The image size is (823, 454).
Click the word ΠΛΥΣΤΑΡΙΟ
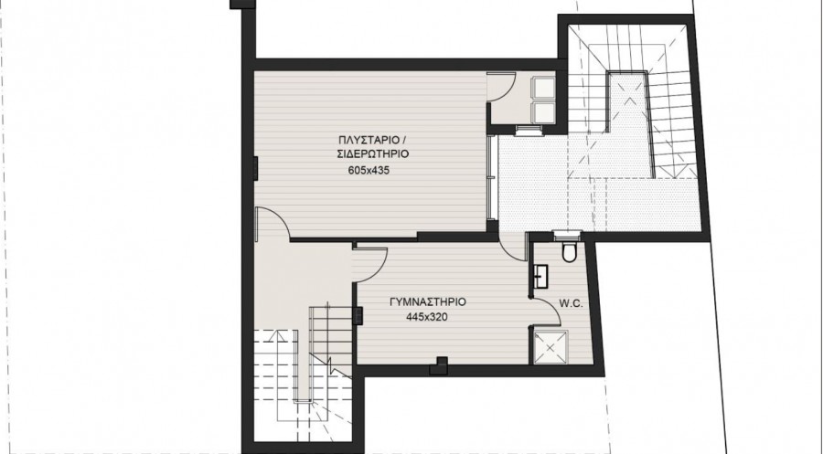(368, 140)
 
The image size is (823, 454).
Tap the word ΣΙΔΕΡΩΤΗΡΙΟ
(373, 154)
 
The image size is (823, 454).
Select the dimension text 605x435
(369, 171)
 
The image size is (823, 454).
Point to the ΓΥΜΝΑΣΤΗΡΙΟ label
(428, 302)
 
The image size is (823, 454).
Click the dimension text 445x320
(427, 317)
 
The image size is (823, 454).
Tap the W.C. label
(571, 303)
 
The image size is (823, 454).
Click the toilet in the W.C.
(569, 250)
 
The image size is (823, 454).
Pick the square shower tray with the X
(550, 346)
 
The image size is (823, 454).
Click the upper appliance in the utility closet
(544, 88)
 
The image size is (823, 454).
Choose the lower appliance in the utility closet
(544, 112)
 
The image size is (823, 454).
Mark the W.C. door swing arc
(547, 311)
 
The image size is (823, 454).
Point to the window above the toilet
(567, 232)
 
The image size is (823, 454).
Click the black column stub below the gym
(439, 365)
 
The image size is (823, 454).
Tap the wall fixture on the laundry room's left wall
(256, 168)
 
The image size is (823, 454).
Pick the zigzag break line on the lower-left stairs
(331, 364)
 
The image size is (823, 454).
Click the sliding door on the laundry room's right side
(491, 177)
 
